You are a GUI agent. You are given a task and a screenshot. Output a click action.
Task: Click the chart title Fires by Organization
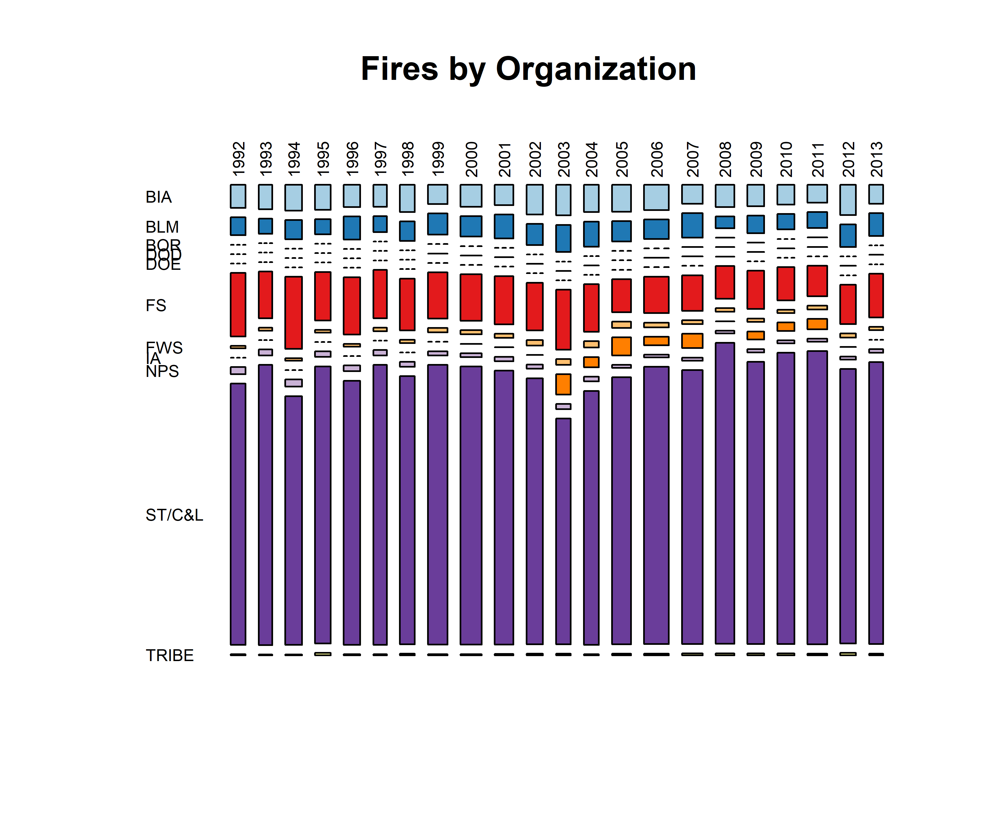coord(528,69)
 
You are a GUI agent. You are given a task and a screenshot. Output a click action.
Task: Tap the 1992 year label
coord(239,159)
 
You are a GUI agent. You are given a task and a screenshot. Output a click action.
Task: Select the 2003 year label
coord(563,159)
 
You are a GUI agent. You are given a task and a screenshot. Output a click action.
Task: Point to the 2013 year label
coord(876,159)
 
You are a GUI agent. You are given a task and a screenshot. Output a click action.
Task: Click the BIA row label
coord(158,197)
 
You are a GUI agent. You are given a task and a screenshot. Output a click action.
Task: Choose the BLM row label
coord(162,227)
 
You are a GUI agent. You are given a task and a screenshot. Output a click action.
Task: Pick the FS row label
coord(156,305)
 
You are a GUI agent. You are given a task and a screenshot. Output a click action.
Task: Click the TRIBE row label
coord(169,656)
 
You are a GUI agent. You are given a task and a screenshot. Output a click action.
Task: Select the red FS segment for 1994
coord(293,313)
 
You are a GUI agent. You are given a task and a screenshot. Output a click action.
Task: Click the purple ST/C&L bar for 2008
coord(725,493)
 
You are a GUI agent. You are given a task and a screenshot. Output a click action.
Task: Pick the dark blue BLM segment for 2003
coord(563,238)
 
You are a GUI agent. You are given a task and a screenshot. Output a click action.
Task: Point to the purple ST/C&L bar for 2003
coord(563,531)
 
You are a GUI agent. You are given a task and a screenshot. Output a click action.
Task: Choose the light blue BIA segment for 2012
coord(848,200)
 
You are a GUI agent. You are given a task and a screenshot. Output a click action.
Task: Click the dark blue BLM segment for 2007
coord(692,225)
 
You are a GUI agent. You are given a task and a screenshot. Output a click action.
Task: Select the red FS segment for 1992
coord(238,305)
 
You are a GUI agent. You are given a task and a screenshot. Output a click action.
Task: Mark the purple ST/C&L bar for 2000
coord(471,505)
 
